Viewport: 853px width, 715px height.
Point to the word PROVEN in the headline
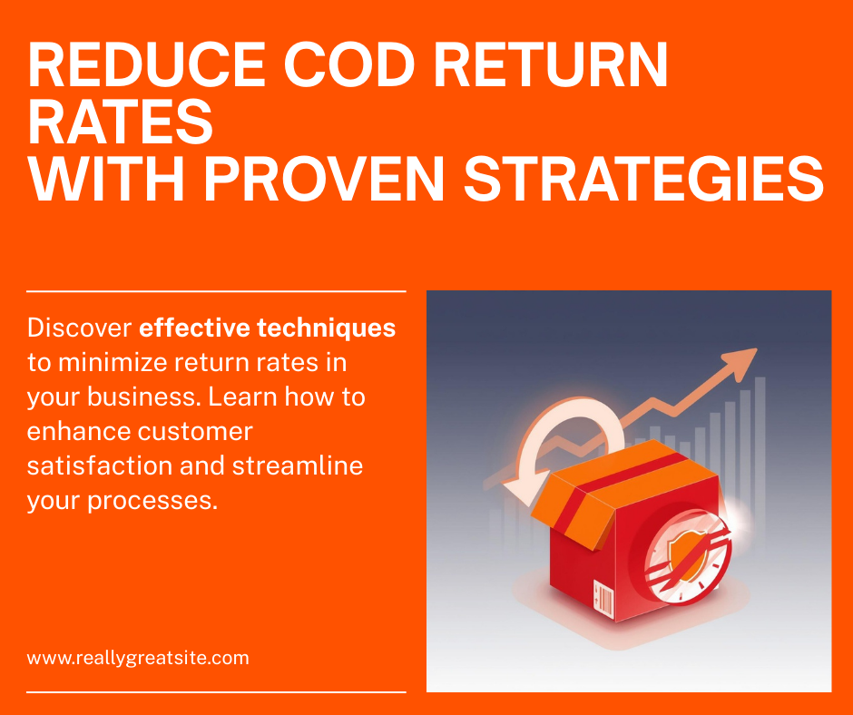coord(324,179)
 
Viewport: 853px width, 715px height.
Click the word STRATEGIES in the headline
coord(644,179)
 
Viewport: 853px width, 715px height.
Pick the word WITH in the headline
coord(107,179)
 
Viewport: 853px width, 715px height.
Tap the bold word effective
coord(194,328)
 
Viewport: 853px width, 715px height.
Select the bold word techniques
coord(326,328)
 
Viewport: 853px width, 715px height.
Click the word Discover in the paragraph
coord(80,328)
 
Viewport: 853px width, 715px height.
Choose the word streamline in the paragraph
coord(298,465)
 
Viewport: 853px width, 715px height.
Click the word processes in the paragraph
coord(152,501)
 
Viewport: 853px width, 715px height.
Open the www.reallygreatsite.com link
coord(138,658)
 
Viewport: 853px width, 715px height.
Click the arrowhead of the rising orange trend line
coord(741,362)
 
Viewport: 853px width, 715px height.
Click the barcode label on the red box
coord(603,599)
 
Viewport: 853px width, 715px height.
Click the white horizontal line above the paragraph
coord(217,291)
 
